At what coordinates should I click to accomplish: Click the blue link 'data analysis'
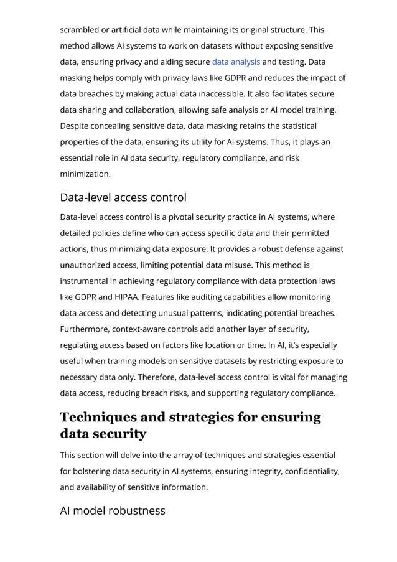pos(236,62)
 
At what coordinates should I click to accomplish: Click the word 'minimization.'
pos(85,174)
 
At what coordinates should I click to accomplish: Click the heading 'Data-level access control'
pos(123,197)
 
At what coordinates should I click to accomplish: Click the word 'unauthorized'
pos(88,265)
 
